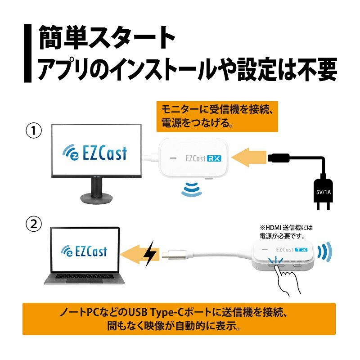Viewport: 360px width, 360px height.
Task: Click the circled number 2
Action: [x=34, y=224]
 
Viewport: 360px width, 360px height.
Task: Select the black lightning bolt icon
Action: [x=150, y=254]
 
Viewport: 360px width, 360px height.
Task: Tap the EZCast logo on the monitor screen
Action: [x=94, y=153]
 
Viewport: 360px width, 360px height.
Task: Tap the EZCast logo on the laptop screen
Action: [x=85, y=250]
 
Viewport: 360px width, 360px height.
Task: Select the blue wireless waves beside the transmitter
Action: [x=324, y=252]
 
